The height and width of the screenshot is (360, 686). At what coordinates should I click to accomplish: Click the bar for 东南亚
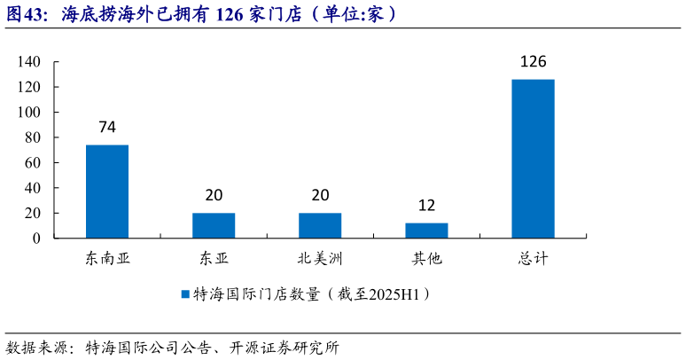[107, 192]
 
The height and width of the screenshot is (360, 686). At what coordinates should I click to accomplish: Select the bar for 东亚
[214, 225]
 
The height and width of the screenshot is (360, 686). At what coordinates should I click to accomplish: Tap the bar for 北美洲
[320, 225]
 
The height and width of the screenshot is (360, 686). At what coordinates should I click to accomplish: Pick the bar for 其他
[426, 231]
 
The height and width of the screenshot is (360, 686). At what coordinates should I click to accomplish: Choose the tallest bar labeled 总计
[533, 159]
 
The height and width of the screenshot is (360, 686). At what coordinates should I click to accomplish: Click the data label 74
[107, 128]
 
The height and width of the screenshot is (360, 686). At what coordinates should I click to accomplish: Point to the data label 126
[533, 62]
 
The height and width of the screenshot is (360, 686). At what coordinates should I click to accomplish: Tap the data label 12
[426, 206]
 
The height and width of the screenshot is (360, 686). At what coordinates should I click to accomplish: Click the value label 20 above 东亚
[214, 196]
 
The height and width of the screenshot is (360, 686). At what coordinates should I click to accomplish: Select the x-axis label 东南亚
[107, 259]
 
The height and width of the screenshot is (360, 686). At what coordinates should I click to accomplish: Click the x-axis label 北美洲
[320, 259]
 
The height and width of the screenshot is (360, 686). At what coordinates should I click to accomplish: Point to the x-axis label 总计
[533, 259]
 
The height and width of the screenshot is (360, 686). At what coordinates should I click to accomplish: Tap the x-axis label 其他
[426, 259]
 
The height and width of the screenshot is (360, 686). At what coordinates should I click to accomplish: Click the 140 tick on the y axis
[28, 62]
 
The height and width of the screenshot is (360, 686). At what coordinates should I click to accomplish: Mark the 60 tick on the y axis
[32, 163]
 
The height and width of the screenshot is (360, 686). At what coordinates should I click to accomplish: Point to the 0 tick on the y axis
[36, 239]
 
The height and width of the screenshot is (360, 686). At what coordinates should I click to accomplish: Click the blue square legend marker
[185, 293]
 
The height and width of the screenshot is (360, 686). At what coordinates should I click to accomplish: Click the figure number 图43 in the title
[25, 14]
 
